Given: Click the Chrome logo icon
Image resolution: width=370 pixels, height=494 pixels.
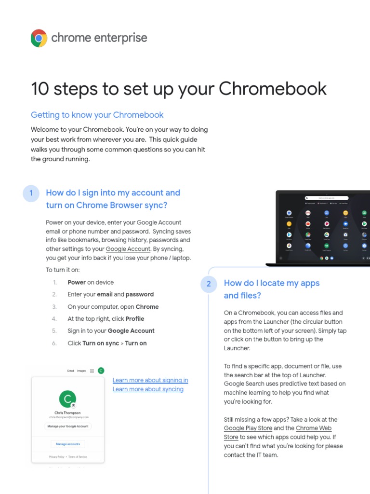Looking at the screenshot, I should pyautogui.click(x=39, y=38).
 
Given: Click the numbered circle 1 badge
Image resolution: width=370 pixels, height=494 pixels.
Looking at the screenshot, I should pyautogui.click(x=31, y=193).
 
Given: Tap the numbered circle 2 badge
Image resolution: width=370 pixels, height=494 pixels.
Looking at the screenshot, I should pyautogui.click(x=209, y=284).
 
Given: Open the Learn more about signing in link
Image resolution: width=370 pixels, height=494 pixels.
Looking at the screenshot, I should pyautogui.click(x=150, y=380).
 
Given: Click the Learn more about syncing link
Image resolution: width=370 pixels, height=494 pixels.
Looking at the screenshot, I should pyautogui.click(x=148, y=389).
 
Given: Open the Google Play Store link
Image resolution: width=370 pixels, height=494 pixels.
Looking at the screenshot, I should pyautogui.click(x=248, y=428).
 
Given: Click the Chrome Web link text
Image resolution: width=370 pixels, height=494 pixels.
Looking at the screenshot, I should pyautogui.click(x=314, y=428).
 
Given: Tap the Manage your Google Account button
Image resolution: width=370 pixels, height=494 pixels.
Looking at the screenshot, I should pyautogui.click(x=68, y=426).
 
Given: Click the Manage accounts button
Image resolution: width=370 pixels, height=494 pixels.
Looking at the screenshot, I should pyautogui.click(x=68, y=444).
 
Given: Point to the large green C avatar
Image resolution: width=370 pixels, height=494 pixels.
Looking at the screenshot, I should pyautogui.click(x=67, y=399).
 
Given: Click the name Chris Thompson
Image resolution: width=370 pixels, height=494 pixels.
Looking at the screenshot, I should pyautogui.click(x=67, y=413).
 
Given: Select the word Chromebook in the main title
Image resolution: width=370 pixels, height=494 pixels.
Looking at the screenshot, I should pyautogui.click(x=273, y=89).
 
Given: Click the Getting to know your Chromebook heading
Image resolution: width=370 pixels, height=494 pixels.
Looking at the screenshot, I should pyautogui.click(x=97, y=115).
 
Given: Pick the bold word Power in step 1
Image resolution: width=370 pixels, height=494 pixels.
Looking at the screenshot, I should pyautogui.click(x=77, y=282).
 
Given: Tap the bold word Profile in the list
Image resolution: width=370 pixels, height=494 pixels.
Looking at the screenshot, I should pyautogui.click(x=135, y=319).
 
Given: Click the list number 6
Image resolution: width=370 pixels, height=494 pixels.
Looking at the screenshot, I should pyautogui.click(x=54, y=343).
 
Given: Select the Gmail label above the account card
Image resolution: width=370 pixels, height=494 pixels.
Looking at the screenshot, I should pyautogui.click(x=70, y=371).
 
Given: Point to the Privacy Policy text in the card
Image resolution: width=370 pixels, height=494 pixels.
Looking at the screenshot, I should pyautogui.click(x=56, y=456).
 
